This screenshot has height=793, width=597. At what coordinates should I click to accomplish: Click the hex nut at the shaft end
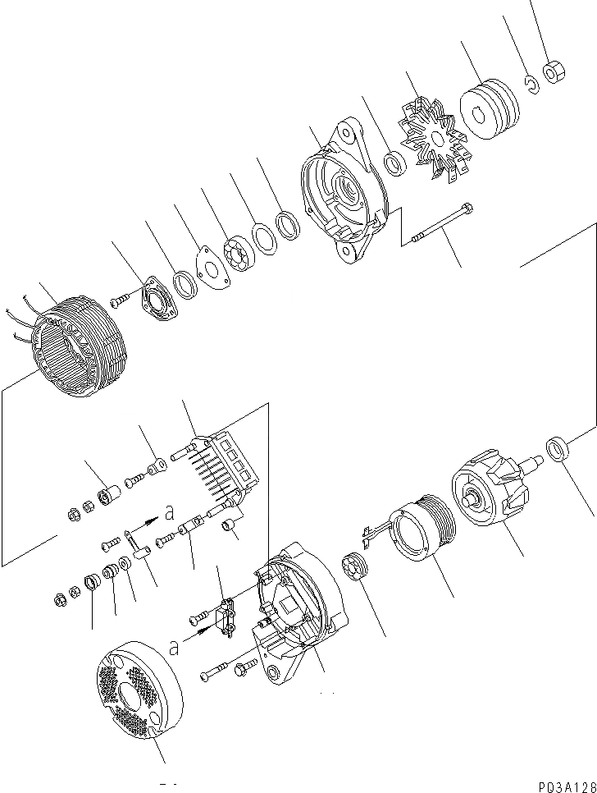(x=551, y=72)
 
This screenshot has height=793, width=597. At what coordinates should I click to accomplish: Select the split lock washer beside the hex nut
(x=531, y=83)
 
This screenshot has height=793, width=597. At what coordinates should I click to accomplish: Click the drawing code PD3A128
(x=564, y=783)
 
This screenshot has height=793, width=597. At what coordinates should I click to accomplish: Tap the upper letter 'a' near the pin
(x=169, y=512)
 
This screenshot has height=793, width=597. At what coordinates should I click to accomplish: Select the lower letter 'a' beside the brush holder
(x=173, y=649)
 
